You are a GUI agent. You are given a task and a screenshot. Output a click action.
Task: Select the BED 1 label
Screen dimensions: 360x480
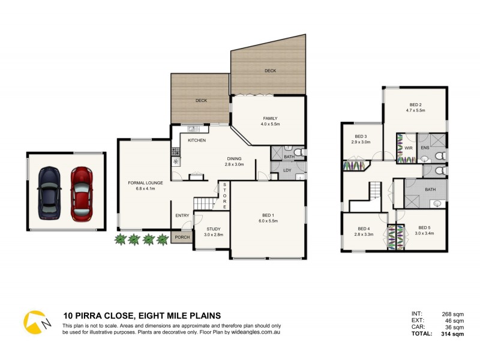tap(268, 215)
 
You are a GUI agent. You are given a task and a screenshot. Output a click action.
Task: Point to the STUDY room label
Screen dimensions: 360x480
tap(214, 229)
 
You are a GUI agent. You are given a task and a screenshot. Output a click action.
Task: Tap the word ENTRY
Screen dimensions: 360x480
tap(182, 215)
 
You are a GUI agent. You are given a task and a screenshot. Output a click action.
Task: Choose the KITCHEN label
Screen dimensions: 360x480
tap(197, 140)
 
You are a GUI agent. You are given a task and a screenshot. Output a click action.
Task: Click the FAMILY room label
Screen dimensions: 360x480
tap(271, 118)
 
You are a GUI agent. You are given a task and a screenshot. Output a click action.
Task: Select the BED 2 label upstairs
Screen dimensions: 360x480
tap(415, 105)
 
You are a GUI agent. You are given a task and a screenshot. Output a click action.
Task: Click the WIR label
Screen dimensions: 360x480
tap(408, 147)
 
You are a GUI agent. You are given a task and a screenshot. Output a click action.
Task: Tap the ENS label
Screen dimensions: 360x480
tap(425, 147)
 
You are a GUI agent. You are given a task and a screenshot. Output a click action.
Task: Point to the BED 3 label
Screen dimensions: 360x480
tap(361, 136)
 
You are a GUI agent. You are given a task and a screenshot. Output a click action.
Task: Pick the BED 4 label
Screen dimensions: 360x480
tap(364, 228)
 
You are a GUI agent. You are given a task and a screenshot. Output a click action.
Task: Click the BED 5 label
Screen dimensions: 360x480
tap(424, 227)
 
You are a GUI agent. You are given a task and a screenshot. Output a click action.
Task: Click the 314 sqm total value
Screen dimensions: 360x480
tap(453, 334)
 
